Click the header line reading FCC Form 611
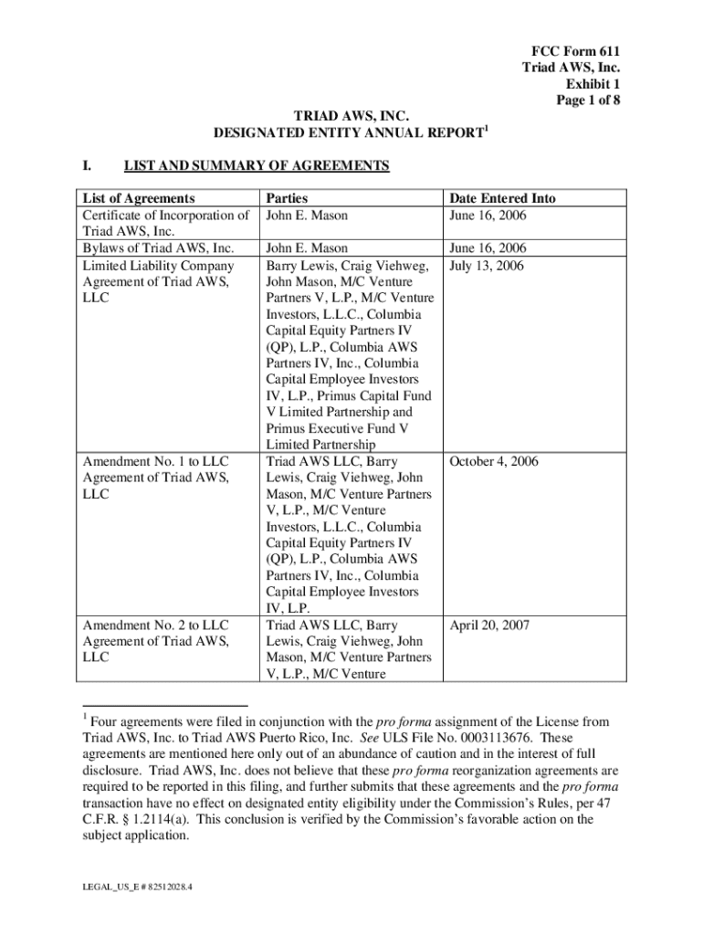576,51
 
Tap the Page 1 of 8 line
589,100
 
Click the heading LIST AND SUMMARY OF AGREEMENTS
257,165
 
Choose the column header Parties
286,198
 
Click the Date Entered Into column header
501,198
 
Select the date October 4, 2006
494,461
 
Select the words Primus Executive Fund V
337,428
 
